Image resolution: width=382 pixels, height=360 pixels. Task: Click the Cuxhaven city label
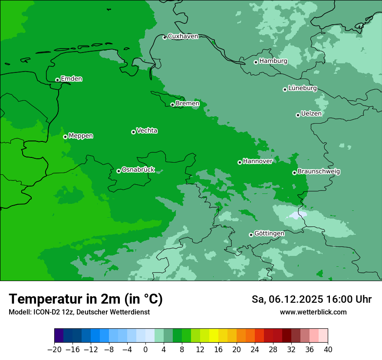click(x=183, y=36)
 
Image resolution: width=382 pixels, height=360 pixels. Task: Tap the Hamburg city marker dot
click(x=256, y=62)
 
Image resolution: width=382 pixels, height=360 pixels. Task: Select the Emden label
click(x=71, y=79)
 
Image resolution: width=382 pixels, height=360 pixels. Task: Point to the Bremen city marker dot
click(x=172, y=105)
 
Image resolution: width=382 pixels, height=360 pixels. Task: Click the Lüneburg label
click(x=302, y=88)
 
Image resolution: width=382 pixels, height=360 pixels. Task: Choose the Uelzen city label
click(x=311, y=114)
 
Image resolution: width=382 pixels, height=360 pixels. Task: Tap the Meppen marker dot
click(x=65, y=137)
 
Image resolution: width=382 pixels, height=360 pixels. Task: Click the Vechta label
click(x=147, y=131)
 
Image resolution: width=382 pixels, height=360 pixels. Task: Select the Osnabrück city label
click(x=138, y=170)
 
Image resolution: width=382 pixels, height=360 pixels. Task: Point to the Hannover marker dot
click(x=240, y=162)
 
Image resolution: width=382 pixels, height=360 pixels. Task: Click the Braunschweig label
click(x=319, y=171)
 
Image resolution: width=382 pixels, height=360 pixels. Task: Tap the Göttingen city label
click(x=269, y=233)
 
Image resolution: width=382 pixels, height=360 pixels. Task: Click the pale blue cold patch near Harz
click(x=295, y=215)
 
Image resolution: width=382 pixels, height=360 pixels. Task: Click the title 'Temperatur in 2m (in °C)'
click(x=86, y=299)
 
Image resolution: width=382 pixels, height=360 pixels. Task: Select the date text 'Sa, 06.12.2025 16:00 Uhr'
click(x=311, y=299)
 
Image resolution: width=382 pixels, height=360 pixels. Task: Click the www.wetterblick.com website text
click(x=313, y=312)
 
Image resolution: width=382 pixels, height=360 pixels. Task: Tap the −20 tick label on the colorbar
click(x=54, y=349)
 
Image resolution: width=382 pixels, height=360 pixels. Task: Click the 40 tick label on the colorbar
click(x=328, y=349)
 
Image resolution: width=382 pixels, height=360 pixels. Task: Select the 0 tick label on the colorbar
click(x=145, y=349)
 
